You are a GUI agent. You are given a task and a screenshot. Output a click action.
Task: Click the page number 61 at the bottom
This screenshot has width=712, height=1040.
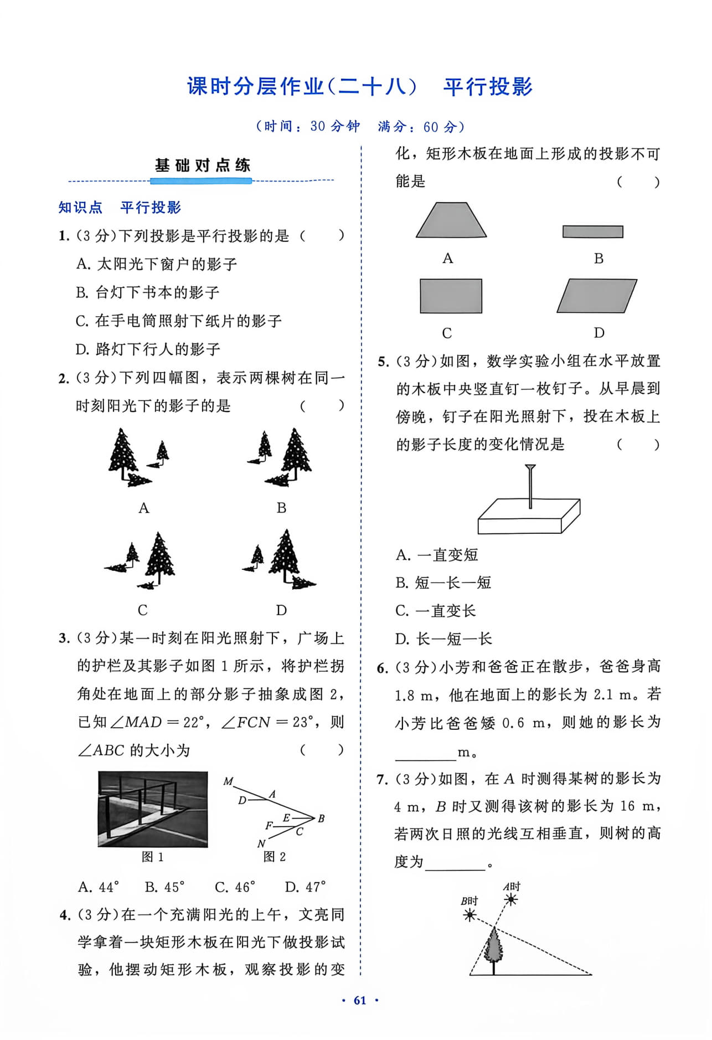(360, 1000)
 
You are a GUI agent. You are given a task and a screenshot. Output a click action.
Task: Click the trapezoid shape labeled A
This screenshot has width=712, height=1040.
(451, 220)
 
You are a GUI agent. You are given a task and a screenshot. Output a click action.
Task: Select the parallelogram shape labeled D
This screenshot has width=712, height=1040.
(597, 296)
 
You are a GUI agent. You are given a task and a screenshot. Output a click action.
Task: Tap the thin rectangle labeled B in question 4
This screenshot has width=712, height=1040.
(593, 231)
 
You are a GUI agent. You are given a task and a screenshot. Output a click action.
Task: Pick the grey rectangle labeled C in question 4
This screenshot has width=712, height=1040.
(451, 296)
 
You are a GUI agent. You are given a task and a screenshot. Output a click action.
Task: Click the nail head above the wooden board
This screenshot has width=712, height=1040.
(530, 468)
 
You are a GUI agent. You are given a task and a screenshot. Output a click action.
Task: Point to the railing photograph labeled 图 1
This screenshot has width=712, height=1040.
(153, 809)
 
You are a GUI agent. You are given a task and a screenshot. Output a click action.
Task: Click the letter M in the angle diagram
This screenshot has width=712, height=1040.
(228, 781)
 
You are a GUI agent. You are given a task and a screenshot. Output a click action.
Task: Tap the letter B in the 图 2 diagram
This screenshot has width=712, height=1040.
(321, 818)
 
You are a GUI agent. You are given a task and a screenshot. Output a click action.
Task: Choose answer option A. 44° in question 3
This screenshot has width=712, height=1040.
(98, 887)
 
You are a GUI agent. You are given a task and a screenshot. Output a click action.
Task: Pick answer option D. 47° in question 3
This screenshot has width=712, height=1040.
(305, 887)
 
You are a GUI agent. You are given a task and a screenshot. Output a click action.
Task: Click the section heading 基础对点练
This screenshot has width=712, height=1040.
(203, 165)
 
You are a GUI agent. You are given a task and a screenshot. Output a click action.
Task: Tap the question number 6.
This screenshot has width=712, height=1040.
(383, 668)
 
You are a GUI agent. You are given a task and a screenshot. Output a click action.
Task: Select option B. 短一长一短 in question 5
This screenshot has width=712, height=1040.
(443, 583)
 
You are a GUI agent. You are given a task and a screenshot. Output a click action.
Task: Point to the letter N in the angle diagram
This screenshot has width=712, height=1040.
(261, 844)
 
